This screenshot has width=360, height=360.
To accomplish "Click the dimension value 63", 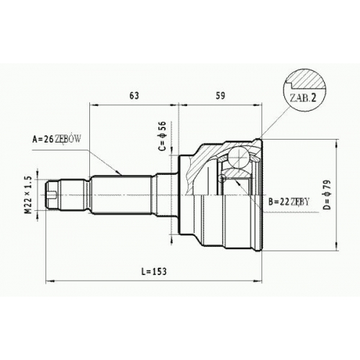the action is tap(134, 96).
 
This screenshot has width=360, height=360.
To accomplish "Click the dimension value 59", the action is tap(220, 96).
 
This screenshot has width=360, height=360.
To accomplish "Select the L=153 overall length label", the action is tap(154, 271).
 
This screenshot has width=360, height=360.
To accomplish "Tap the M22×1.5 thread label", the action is tap(28, 195).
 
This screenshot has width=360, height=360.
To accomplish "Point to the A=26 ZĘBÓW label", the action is tap(57, 139).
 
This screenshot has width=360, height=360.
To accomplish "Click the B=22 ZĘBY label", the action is tap(289, 202).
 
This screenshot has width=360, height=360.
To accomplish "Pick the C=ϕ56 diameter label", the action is tap(163, 136).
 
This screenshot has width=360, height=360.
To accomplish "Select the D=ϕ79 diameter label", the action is tap(327, 194).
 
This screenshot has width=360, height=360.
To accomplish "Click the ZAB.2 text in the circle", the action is tap(303, 98).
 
